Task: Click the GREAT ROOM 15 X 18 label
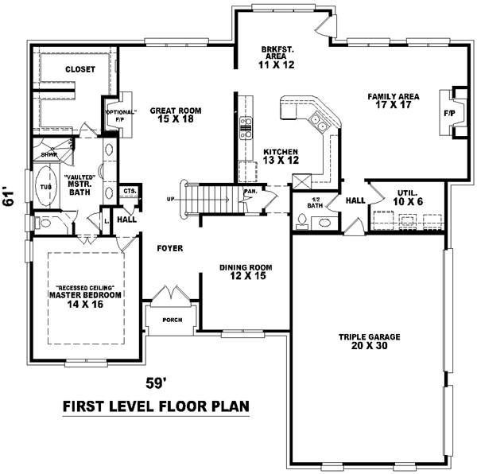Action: tap(176, 115)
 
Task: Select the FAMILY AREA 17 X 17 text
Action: tap(393, 101)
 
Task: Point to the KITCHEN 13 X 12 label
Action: tap(281, 156)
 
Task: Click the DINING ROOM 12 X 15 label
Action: tap(246, 272)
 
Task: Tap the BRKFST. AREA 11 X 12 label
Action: tap(277, 57)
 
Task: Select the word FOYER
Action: tap(169, 248)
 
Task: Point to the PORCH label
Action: tap(168, 321)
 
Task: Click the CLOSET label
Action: tap(80, 69)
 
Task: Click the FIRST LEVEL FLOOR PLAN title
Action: tap(156, 406)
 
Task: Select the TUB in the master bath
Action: tap(45, 188)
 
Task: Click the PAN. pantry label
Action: tap(249, 192)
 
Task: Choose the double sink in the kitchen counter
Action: tap(319, 122)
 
